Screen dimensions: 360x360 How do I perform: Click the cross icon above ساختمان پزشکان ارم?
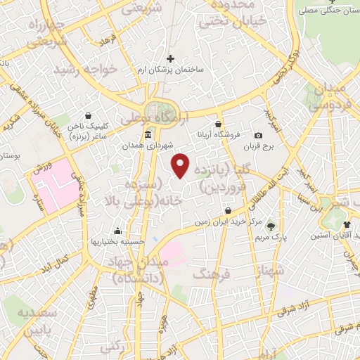[x=169, y=58]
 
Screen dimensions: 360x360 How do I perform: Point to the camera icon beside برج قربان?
[x=258, y=135]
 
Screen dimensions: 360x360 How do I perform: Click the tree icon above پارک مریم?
[x=271, y=226]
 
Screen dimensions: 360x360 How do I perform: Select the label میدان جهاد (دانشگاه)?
[x=136, y=270]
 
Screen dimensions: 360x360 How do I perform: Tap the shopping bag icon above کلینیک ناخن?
[x=87, y=116]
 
